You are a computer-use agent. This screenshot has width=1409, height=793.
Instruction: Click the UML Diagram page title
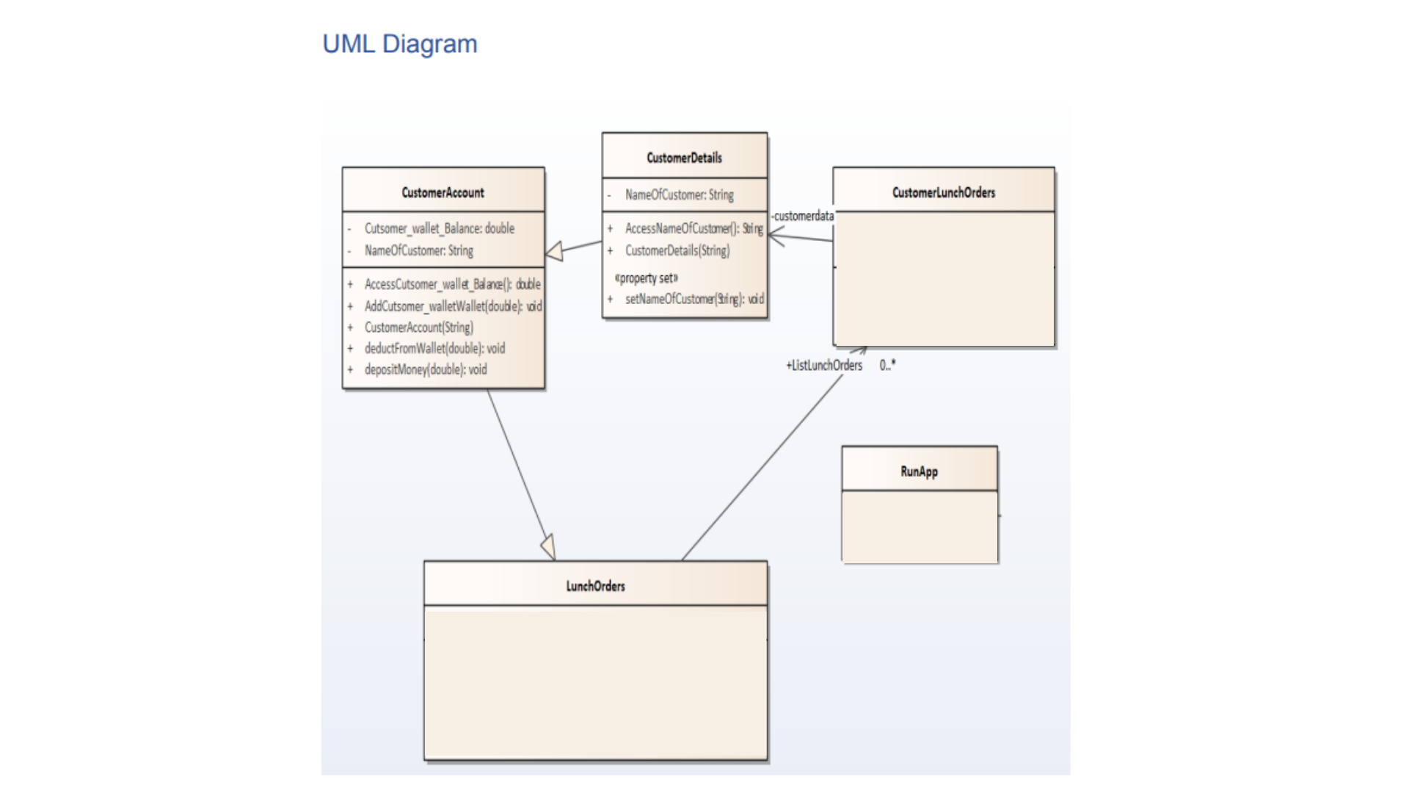400,44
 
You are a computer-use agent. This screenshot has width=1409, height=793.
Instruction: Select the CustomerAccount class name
443,192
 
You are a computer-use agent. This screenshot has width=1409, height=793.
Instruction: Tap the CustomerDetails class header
684,157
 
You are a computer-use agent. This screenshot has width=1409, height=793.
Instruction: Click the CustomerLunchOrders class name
944,192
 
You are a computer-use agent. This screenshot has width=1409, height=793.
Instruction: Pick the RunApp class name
919,471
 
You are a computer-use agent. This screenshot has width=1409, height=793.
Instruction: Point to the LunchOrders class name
595,586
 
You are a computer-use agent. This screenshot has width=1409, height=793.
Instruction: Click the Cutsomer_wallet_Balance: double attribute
439,228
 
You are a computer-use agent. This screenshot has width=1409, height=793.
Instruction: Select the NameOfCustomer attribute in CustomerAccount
418,250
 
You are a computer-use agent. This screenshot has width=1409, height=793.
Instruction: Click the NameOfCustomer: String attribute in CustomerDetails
679,195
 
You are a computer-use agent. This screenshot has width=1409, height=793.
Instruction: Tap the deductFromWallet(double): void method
434,348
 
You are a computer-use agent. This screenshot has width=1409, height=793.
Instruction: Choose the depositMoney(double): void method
426,369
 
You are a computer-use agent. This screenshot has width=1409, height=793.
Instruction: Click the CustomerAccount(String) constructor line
418,327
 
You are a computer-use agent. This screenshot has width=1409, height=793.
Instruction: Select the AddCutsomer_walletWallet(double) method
452,306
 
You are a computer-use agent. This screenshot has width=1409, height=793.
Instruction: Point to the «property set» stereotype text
646,278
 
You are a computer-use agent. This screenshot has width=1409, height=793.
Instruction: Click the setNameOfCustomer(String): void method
693,299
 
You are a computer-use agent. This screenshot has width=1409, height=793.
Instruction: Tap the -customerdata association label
803,216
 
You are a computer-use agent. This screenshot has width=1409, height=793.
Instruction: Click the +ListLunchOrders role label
824,365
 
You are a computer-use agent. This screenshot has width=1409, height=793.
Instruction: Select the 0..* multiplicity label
887,365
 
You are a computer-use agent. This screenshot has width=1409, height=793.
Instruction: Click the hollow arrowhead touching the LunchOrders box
548,548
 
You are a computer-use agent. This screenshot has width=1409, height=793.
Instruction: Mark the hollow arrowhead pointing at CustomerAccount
555,252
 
